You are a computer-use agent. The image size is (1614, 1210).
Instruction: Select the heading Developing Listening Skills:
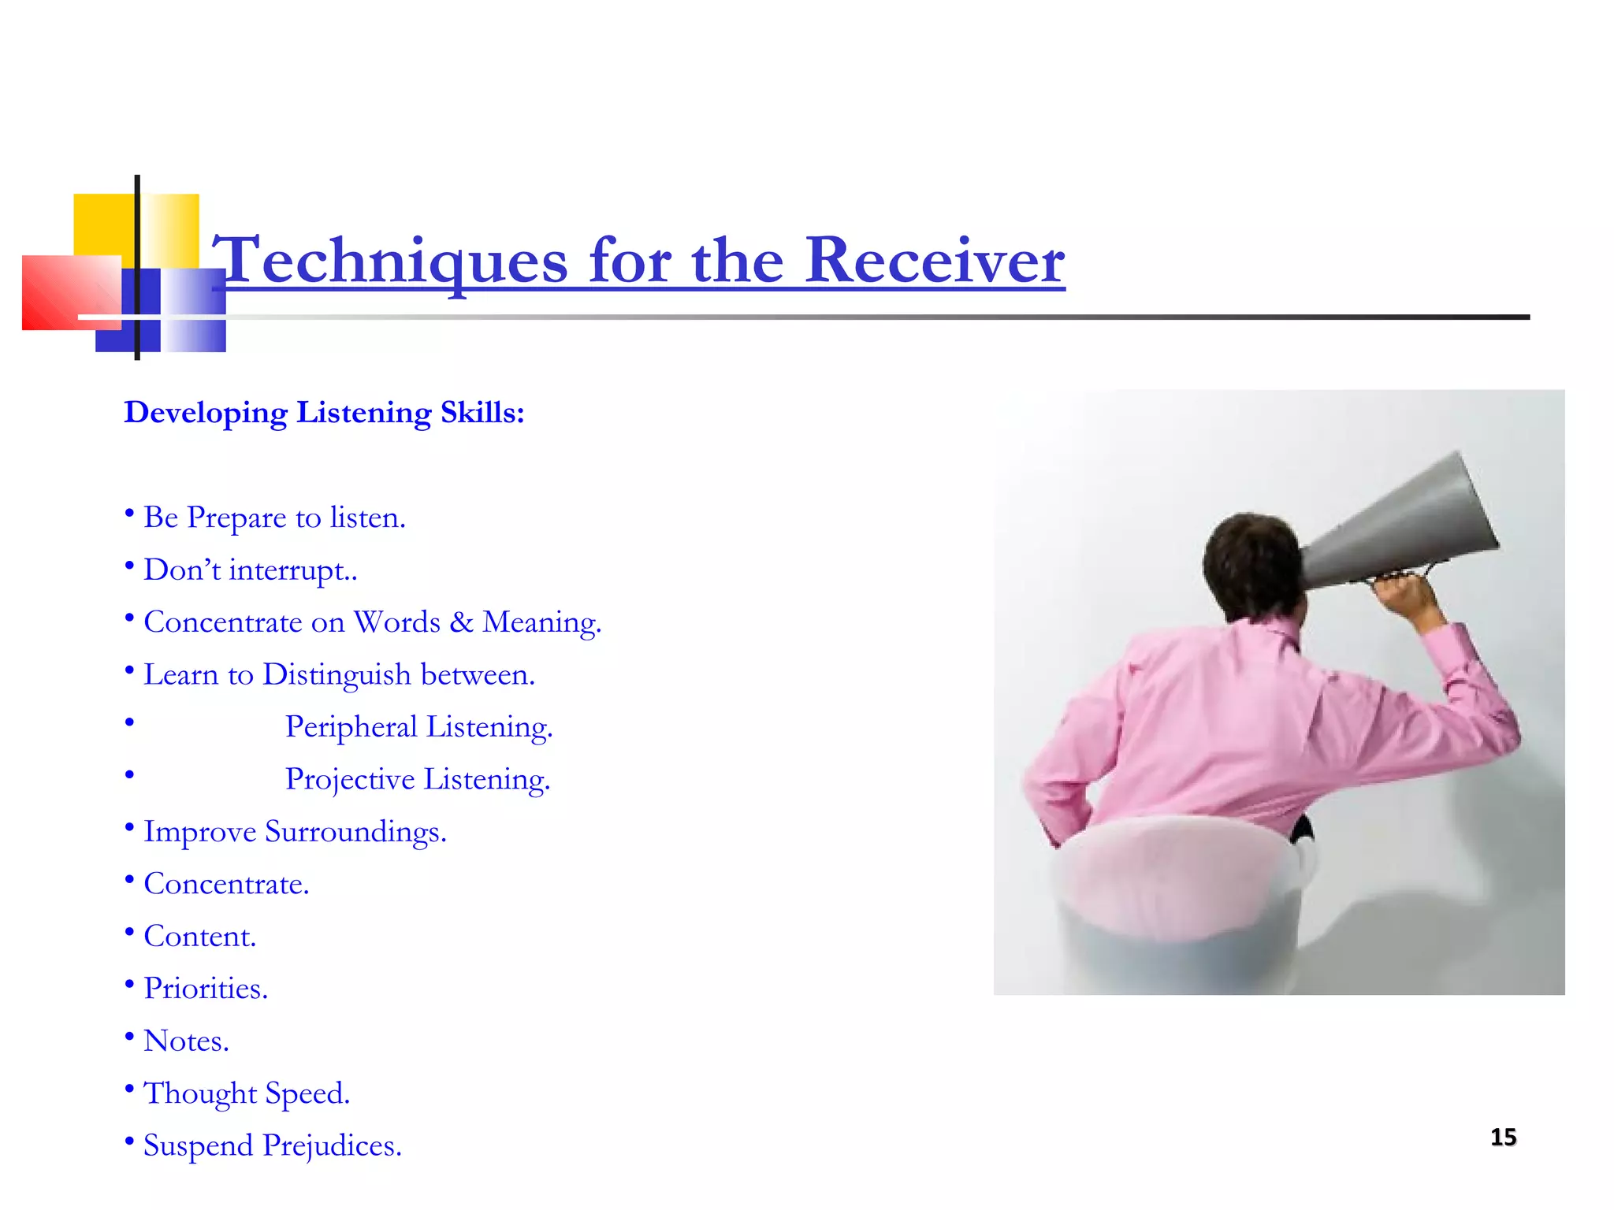[324, 413]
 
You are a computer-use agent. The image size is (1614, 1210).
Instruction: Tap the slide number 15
[1503, 1138]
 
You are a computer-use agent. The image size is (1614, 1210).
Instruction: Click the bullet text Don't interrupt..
[250, 570]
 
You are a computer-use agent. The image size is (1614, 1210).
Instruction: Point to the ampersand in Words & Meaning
[461, 622]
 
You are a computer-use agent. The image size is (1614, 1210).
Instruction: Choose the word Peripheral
[351, 727]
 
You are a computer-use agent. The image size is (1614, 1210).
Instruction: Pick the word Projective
[350, 779]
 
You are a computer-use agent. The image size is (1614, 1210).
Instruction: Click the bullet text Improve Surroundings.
[295, 832]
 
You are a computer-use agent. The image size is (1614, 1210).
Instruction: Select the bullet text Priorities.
[206, 989]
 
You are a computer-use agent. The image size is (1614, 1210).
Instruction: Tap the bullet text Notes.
[186, 1041]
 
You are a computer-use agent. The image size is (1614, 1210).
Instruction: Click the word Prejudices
[332, 1146]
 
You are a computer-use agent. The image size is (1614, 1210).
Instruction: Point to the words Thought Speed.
[246, 1093]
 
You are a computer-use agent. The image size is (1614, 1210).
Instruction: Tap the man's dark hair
[1249, 559]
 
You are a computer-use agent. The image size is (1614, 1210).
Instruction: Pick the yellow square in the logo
[102, 225]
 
